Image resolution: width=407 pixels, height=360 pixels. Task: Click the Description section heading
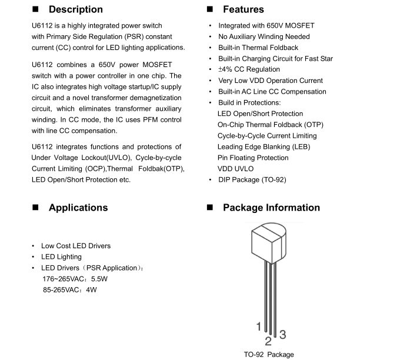click(75, 9)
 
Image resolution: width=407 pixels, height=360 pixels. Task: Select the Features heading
click(243, 9)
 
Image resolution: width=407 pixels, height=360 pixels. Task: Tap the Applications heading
click(78, 208)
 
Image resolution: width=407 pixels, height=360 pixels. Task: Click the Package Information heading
click(271, 208)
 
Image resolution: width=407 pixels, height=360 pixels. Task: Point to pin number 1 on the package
click(258, 326)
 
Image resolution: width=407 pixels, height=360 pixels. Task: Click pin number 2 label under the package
click(268, 340)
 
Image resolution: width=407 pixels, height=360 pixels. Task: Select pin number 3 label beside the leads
click(282, 335)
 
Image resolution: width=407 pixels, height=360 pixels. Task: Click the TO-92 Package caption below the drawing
click(269, 355)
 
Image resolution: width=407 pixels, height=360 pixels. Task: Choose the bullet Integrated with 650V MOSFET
click(266, 26)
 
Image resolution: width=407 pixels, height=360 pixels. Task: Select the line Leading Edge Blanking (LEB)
click(263, 146)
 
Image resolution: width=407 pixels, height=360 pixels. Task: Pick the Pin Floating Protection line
click(253, 158)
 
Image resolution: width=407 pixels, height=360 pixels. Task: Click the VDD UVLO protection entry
click(235, 168)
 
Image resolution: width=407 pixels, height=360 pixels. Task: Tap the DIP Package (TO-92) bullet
click(252, 179)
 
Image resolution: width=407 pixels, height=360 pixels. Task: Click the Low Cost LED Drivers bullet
click(75, 246)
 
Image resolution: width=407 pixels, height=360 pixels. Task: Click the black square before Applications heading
click(35, 208)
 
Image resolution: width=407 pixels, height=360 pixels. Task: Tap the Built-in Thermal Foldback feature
click(258, 48)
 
